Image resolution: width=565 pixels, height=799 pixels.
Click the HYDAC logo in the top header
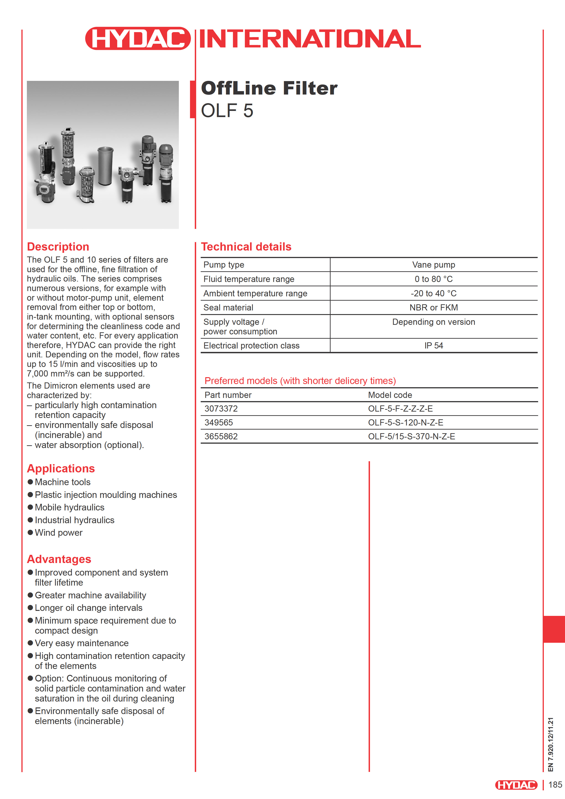tap(138, 38)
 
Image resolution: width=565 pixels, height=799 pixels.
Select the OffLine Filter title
tap(269, 88)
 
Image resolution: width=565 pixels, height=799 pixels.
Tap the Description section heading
tap(58, 246)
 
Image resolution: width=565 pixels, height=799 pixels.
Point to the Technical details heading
tap(246, 246)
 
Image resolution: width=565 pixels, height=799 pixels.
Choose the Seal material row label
tap(228, 308)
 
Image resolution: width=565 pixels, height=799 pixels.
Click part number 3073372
tap(221, 409)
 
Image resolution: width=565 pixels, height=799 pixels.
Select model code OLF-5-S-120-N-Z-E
tap(406, 423)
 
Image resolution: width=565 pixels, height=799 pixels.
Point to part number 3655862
tap(221, 436)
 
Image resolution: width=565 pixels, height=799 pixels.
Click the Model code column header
tap(390, 395)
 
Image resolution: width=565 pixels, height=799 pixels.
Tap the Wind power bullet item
tap(59, 533)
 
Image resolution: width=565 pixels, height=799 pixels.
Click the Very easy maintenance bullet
tap(82, 643)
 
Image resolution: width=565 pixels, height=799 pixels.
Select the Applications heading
tap(61, 469)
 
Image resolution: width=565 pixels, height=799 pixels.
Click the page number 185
tap(555, 785)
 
